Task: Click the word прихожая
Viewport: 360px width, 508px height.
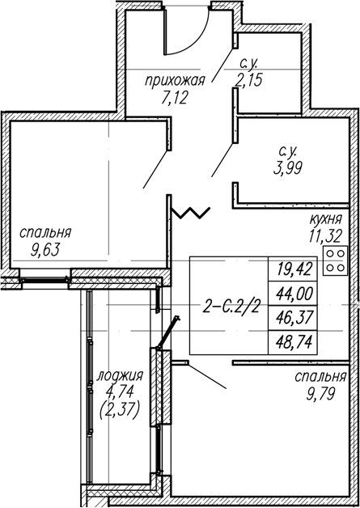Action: pyautogui.click(x=175, y=81)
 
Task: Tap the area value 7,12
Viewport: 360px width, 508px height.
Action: pyautogui.click(x=175, y=98)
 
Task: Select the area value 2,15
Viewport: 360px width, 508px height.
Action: pyautogui.click(x=248, y=80)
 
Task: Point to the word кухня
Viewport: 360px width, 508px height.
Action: pyautogui.click(x=326, y=220)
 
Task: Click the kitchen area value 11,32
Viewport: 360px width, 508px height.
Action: pyautogui.click(x=325, y=236)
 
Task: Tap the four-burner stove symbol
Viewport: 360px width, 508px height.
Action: pyautogui.click(x=335, y=260)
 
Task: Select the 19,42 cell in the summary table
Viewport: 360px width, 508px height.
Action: pyautogui.click(x=293, y=269)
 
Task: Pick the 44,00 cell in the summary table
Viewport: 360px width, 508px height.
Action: pyautogui.click(x=293, y=294)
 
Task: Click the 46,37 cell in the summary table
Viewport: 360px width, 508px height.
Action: pyautogui.click(x=293, y=318)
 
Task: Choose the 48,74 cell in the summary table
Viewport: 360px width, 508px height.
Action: pyautogui.click(x=293, y=342)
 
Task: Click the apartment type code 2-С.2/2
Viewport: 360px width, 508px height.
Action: pyautogui.click(x=231, y=306)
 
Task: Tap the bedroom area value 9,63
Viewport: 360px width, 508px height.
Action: pyautogui.click(x=45, y=250)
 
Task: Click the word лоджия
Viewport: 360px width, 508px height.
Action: pyautogui.click(x=120, y=376)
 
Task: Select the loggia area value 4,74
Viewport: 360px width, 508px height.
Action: pyautogui.click(x=120, y=392)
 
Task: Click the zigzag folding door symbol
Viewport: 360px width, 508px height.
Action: pyautogui.click(x=191, y=212)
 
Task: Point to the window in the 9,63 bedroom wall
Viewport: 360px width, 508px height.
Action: pyautogui.click(x=44, y=280)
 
